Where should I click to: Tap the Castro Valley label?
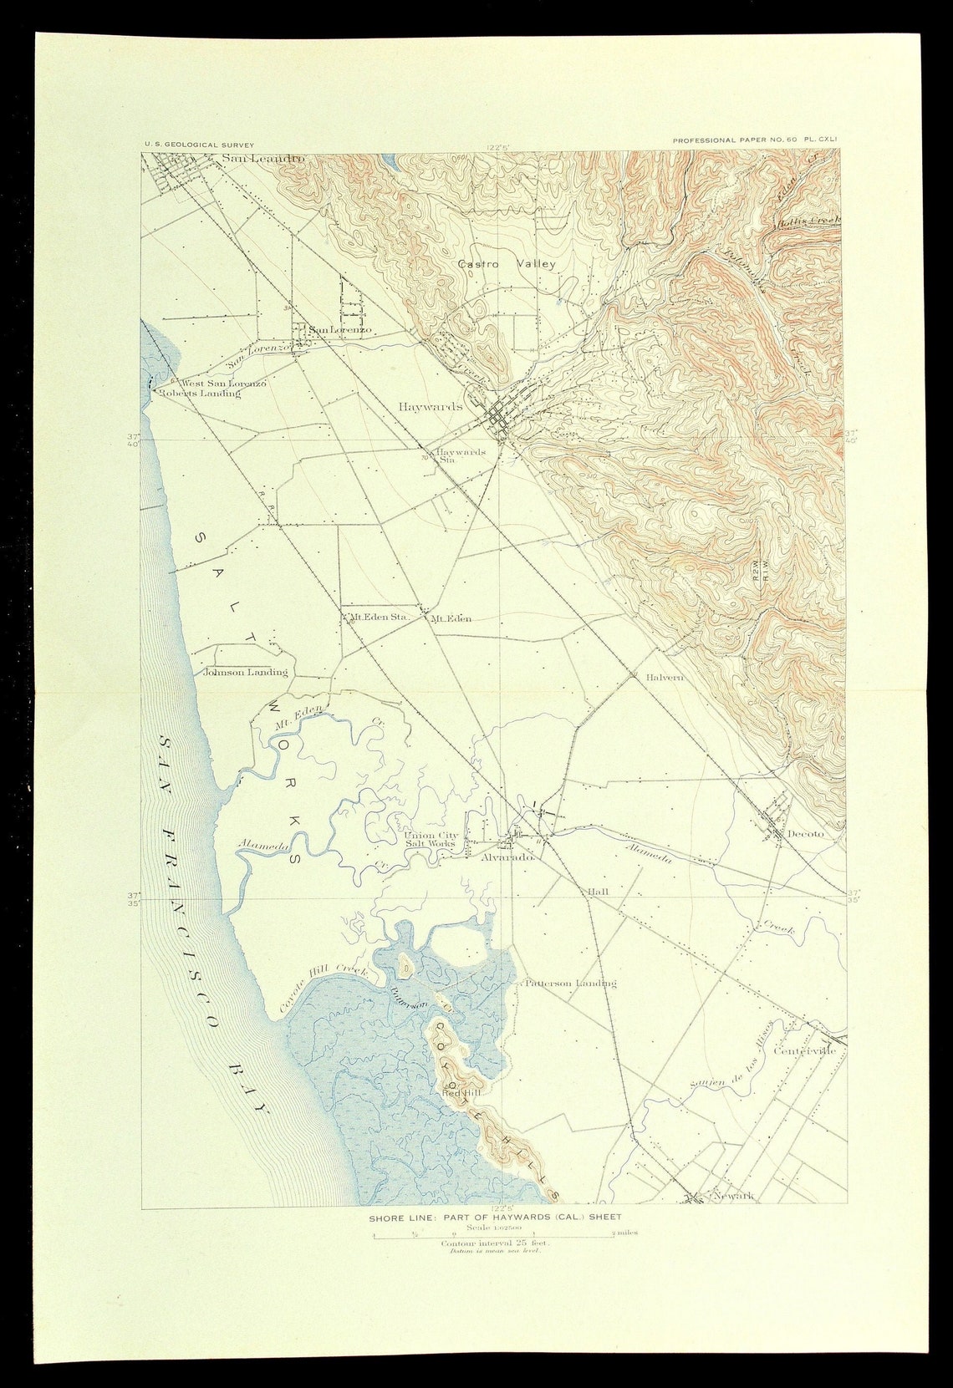[507, 264]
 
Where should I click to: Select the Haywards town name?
[431, 406]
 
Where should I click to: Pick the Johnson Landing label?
[246, 672]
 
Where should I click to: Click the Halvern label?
[665, 678]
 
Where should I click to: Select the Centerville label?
[805, 1050]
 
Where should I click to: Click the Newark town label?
[732, 1196]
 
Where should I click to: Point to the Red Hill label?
[460, 1093]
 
